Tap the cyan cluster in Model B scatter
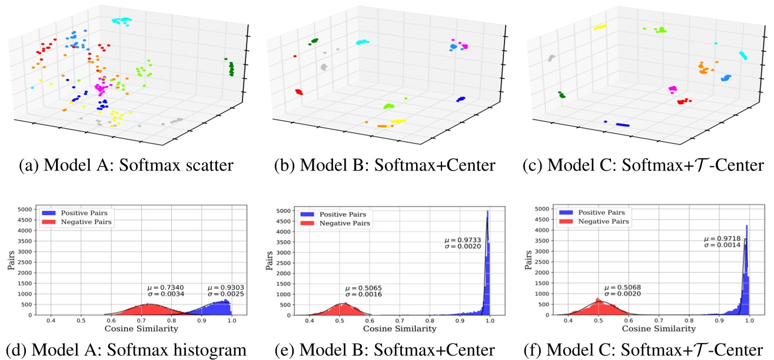pyautogui.click(x=363, y=42)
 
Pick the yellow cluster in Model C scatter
pyautogui.click(x=600, y=27)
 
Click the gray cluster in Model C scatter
pyautogui.click(x=551, y=58)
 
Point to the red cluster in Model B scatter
pyautogui.click(x=298, y=92)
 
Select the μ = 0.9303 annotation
pyautogui.click(x=224, y=288)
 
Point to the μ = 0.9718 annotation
pyautogui.click(x=723, y=239)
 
